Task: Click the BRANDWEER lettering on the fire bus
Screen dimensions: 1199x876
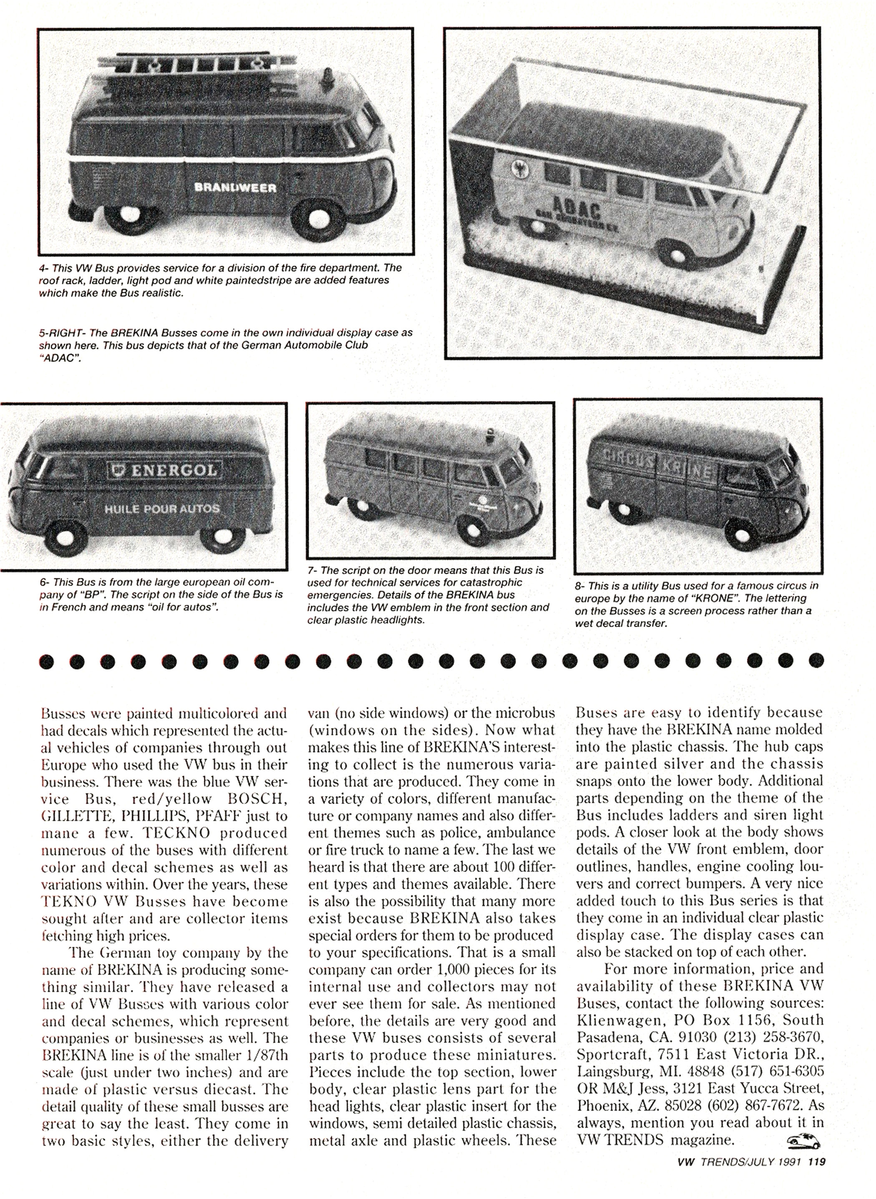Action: click(235, 187)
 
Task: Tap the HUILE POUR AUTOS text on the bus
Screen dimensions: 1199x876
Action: click(162, 509)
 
